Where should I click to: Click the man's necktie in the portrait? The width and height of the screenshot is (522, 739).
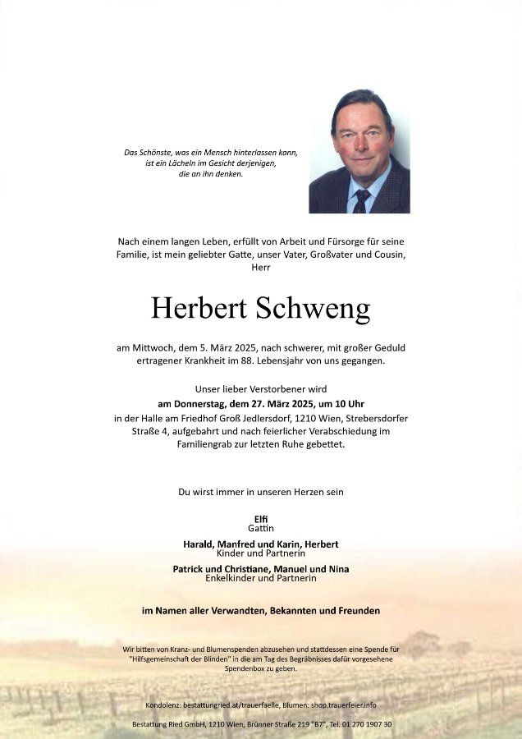362,200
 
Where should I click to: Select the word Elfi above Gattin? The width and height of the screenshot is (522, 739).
260,518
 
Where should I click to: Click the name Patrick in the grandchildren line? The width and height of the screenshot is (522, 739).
191,569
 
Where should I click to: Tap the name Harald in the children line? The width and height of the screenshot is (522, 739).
199,544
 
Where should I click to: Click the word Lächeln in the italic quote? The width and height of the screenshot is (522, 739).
189,163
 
